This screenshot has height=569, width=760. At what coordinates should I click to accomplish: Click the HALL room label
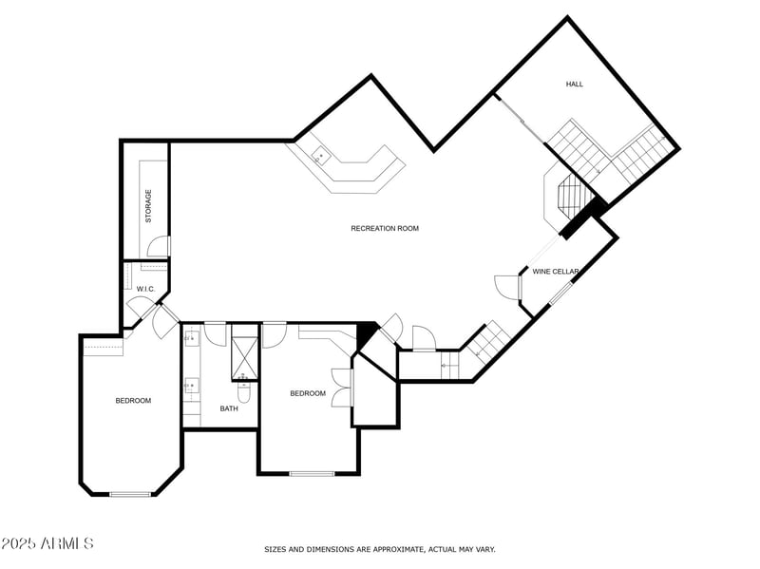(x=575, y=85)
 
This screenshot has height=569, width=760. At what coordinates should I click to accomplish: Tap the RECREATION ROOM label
(x=384, y=229)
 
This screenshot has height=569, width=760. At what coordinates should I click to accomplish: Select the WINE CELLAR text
(x=556, y=272)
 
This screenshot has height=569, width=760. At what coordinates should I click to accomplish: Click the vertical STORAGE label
(x=148, y=205)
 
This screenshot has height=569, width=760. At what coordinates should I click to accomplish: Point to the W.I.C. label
(x=145, y=289)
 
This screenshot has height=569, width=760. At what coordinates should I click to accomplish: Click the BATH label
(x=229, y=408)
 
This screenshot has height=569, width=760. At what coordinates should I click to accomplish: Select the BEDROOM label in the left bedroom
(x=133, y=401)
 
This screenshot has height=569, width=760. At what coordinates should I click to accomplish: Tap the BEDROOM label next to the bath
(x=308, y=393)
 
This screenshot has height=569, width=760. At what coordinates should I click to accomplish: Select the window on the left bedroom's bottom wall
(x=131, y=493)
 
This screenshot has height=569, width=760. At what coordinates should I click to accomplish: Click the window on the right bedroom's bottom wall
(x=312, y=473)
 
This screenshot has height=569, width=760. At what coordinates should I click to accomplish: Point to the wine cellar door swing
(x=505, y=287)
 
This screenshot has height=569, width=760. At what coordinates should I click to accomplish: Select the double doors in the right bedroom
(x=342, y=387)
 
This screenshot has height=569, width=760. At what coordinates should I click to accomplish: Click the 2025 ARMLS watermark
(x=47, y=543)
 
